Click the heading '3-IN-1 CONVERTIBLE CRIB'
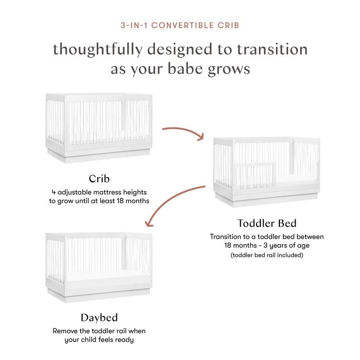(180, 25)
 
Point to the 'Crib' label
(99, 179)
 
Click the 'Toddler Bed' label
(267, 223)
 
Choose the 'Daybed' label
(99, 318)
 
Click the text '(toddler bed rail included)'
(267, 255)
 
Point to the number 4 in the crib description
(53, 192)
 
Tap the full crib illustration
(99, 126)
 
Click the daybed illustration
(99, 267)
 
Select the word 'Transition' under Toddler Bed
(227, 237)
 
